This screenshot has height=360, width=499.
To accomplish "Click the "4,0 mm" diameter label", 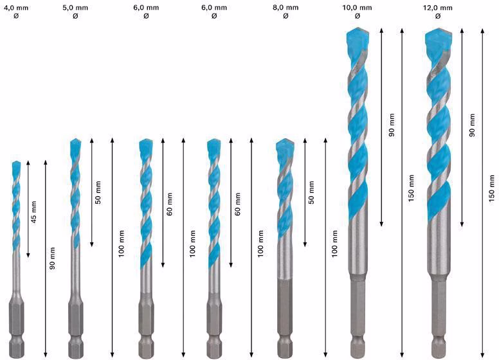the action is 16,8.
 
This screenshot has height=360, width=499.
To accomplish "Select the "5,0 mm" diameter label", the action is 75,8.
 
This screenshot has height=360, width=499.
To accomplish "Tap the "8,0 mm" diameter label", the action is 286,8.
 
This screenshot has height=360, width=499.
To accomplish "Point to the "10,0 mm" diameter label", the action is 357,8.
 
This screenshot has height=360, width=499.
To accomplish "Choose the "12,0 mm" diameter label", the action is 437,8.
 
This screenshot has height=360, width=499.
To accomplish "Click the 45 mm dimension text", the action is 33,211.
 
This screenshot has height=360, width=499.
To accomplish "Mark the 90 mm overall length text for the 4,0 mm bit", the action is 52,258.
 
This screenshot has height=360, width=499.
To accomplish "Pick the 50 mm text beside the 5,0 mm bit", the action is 98,192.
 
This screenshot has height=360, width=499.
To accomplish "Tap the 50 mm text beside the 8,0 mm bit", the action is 311,192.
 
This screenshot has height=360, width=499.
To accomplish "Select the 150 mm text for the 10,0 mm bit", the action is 411,188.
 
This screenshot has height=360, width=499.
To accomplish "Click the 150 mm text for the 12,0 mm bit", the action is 492,188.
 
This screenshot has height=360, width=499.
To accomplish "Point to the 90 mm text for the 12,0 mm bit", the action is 472,125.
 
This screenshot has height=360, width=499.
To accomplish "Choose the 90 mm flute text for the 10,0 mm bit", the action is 392,125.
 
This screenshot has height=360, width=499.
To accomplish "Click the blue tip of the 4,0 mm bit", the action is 16,168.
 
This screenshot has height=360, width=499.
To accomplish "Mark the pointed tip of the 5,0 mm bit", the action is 75,139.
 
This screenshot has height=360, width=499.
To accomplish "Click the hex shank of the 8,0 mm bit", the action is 285,318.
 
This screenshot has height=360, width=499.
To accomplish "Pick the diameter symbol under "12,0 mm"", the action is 437,16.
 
